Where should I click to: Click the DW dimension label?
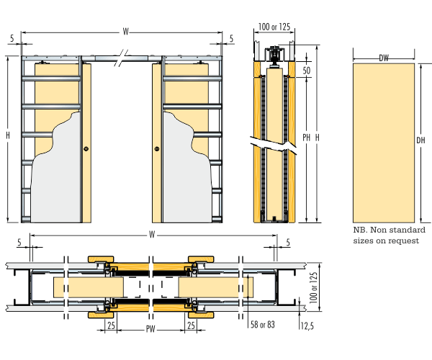[383, 58]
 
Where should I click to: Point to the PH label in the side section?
[307, 138]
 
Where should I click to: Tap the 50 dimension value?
[307, 71]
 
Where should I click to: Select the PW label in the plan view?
[150, 330]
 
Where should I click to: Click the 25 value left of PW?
[111, 326]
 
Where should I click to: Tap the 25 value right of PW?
[191, 326]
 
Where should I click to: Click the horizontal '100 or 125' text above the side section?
[274, 27]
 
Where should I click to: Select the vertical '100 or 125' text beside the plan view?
[312, 286]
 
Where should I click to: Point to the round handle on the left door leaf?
[86, 149]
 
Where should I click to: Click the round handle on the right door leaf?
[156, 149]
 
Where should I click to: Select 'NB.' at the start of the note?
[360, 230]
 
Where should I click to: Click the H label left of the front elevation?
[8, 135]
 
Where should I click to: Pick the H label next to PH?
[318, 138]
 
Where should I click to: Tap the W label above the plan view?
[151, 234]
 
